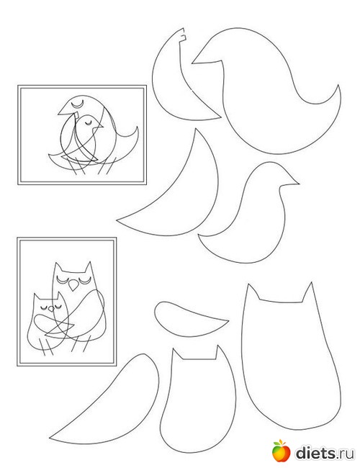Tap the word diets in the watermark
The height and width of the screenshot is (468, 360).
(315, 453)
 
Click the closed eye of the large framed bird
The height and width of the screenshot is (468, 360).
(77, 105)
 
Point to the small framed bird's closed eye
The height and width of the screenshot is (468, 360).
(88, 124)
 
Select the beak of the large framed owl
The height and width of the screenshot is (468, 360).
(73, 285)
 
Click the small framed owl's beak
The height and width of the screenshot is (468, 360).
(52, 309)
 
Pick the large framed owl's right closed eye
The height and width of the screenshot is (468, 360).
(84, 279)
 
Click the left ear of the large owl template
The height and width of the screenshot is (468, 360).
(252, 292)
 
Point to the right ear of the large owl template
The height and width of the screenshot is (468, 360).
(308, 292)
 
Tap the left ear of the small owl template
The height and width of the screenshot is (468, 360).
(177, 354)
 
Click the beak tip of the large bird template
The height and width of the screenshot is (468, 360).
(192, 63)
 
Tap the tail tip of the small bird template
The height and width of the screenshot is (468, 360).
(198, 235)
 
